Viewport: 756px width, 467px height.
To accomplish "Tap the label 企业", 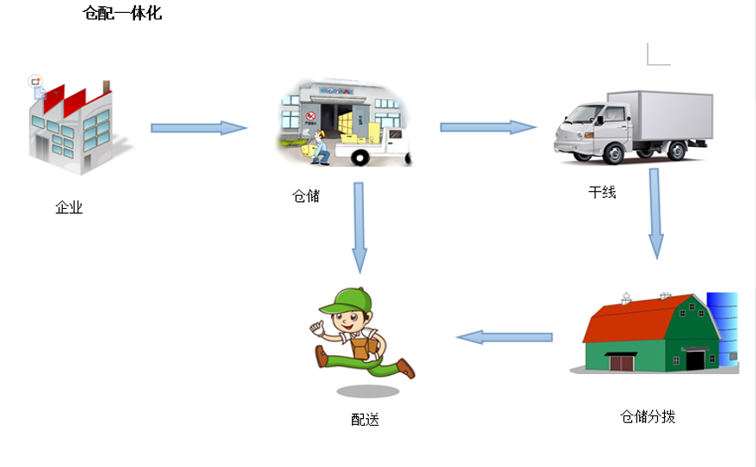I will pos(69,207).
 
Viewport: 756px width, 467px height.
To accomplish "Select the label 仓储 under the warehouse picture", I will pos(306,196).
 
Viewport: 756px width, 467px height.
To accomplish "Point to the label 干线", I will pos(602,193).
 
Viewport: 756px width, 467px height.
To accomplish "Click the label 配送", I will pos(365,420).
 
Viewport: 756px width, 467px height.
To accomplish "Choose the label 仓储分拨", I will pos(648,416).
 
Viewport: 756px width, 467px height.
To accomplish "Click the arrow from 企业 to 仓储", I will pos(199,127).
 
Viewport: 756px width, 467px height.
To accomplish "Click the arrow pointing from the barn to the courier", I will pos(504,337).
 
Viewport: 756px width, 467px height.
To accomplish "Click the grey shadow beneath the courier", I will pos(367,391).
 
